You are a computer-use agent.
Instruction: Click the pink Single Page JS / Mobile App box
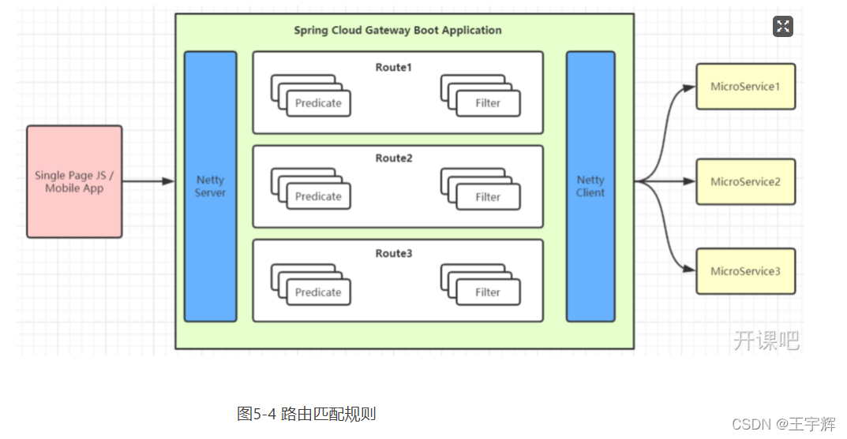click(x=74, y=181)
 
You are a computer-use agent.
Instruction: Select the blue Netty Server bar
click(x=210, y=186)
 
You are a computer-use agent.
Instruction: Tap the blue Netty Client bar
click(x=590, y=186)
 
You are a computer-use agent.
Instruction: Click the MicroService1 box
click(x=745, y=87)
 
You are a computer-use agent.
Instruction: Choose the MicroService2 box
click(x=745, y=181)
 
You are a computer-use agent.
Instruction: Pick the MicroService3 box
click(x=745, y=271)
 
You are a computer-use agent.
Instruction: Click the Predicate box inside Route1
click(x=318, y=103)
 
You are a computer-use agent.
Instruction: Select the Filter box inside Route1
click(x=488, y=103)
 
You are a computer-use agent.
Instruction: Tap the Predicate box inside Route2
click(x=318, y=197)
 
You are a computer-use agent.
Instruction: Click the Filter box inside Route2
click(x=488, y=197)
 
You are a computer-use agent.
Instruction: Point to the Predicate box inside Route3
click(x=318, y=292)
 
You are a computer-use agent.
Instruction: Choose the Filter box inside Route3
click(x=488, y=292)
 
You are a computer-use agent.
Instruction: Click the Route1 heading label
click(x=394, y=68)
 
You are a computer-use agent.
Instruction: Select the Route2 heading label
click(x=394, y=158)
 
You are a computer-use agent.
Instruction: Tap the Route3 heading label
click(x=394, y=254)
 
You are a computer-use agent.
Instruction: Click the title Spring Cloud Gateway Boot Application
click(x=398, y=31)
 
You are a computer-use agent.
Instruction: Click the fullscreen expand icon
click(x=782, y=27)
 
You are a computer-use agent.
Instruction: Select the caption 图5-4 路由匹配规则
click(x=305, y=413)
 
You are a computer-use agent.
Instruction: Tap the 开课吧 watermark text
click(x=766, y=340)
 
